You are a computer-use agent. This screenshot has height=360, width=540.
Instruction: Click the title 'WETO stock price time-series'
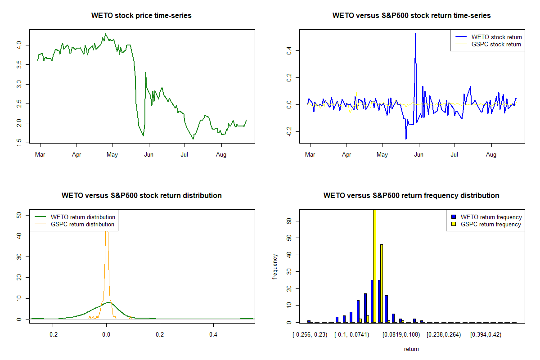coord(141,16)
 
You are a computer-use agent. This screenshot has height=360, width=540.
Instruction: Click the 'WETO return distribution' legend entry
coord(83,217)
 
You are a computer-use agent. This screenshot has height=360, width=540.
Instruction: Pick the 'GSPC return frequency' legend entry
coord(491,224)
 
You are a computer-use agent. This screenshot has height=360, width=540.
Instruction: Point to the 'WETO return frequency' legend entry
coord(491,217)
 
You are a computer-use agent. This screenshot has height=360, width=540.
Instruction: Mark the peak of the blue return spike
coord(415,34)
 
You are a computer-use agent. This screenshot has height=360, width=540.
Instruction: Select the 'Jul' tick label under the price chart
coord(184,155)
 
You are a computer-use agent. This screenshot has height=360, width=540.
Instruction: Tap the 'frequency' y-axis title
coord(275,266)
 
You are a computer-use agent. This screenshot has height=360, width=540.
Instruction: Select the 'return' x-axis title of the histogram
coord(411,349)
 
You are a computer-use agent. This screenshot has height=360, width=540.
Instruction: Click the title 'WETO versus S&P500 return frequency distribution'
coord(411,196)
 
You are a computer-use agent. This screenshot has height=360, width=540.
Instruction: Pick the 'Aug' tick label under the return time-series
coord(491,155)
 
